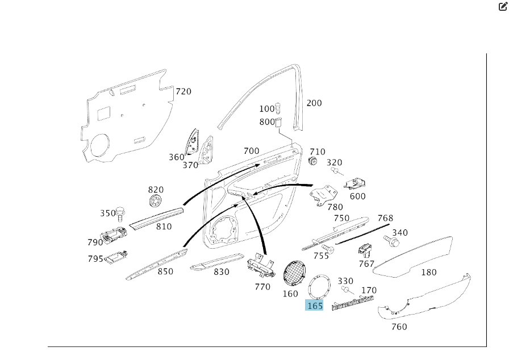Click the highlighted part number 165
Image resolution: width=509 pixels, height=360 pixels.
point(315,305)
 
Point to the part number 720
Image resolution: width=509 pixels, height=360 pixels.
point(183,91)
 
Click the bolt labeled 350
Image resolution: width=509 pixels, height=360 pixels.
point(120,213)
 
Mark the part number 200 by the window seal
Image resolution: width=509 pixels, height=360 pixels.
point(314,103)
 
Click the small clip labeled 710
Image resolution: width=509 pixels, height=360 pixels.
point(312,161)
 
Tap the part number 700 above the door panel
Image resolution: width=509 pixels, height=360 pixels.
point(251,151)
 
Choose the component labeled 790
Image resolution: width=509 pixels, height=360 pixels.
point(115,233)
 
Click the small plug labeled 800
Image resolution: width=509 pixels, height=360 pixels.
point(279,122)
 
